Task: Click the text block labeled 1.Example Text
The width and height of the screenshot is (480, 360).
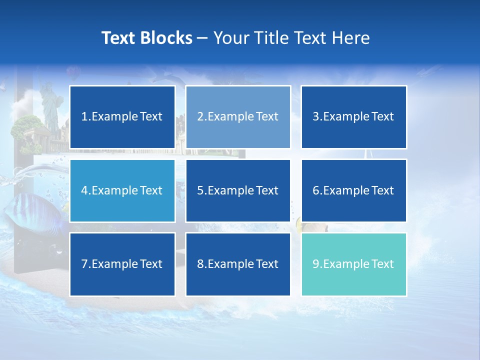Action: pos(122,117)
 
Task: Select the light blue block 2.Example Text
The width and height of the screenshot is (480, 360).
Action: pos(238,117)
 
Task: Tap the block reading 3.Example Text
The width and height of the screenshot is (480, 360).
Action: pos(354,117)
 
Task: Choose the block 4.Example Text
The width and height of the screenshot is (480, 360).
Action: pos(122,190)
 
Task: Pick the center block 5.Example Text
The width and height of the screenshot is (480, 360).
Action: pos(238,190)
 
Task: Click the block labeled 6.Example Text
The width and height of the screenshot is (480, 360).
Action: pos(354,190)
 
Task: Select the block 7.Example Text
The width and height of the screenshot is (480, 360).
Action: pos(122,264)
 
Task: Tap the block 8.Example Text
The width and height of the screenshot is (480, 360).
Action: pos(238,264)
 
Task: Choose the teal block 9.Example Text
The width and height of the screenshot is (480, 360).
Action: pos(354,264)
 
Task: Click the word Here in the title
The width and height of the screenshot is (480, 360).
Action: pos(352,38)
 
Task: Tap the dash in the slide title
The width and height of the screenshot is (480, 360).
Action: pos(202,38)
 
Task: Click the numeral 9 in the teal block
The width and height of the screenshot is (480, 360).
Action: pos(315,264)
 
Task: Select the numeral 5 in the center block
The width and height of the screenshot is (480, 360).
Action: pos(200,190)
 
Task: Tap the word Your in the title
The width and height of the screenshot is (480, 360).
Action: pos(230,38)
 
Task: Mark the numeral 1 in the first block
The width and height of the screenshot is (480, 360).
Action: pos(84,117)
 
